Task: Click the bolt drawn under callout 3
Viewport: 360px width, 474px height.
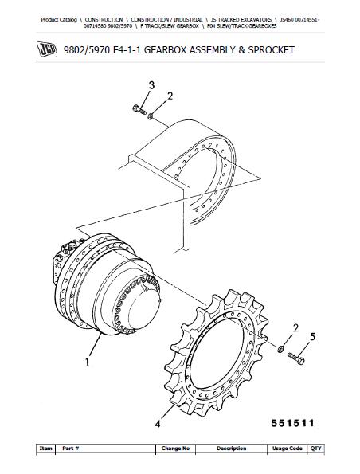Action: (138, 110)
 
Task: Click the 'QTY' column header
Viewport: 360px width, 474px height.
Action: (316, 449)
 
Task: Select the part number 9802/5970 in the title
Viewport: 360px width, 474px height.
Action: (89, 49)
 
